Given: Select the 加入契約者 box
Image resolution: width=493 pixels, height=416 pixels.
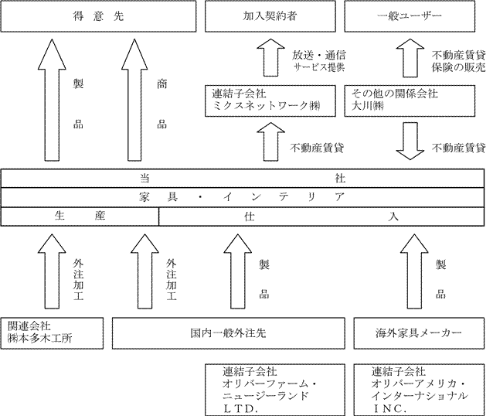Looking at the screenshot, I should point(269,15).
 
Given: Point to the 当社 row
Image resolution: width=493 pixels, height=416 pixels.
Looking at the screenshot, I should point(246,178).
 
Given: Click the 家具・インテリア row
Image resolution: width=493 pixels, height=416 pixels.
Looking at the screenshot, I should point(246,197).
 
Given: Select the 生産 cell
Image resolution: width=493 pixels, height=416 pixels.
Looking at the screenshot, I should point(80,217).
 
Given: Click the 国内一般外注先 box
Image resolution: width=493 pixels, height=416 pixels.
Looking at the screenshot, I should point(228,332).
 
